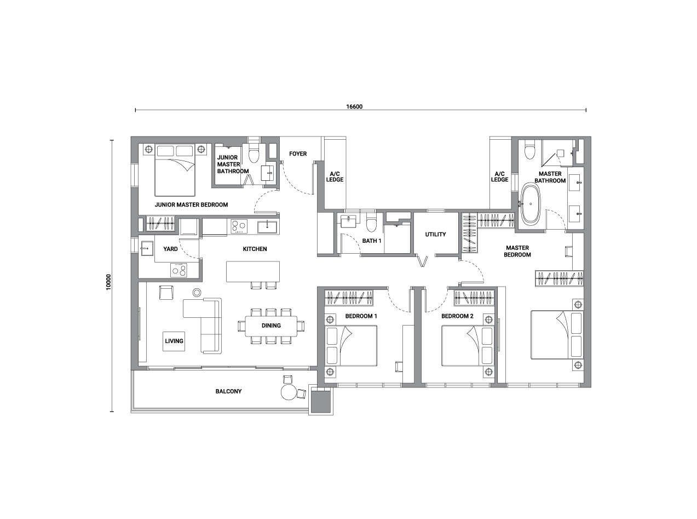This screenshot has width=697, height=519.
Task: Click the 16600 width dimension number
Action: pos(354,107)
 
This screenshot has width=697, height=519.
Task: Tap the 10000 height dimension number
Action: pos(108,282)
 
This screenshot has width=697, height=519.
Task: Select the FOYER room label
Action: pos(298,154)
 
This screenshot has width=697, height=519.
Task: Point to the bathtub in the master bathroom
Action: pos(531,204)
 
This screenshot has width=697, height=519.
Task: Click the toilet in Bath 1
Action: pos(371,223)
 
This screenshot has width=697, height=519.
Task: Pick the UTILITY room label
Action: pos(435,235)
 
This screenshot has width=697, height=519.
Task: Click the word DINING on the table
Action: pos(271,326)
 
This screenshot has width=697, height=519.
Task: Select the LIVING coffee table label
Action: pos(174,341)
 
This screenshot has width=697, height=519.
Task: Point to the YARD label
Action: pos(171,249)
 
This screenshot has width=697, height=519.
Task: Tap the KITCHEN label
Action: pos(255,249)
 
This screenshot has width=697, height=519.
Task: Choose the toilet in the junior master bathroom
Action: pos(254,153)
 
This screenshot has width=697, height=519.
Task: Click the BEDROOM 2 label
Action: pos(457,316)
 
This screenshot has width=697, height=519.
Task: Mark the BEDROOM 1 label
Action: pos(361,316)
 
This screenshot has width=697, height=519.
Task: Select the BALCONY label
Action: pos(228,392)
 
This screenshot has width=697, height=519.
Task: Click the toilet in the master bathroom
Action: pos(529,151)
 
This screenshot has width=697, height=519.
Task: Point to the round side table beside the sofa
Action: pos(197,293)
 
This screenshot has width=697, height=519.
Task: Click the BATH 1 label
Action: pos(372,241)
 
